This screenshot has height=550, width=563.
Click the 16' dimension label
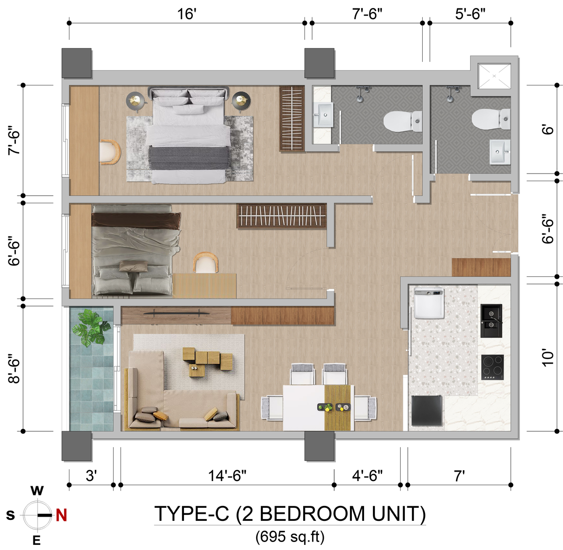[x=186, y=14]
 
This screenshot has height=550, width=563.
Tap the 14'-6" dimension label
[x=227, y=475]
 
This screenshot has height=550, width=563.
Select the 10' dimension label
[x=548, y=359]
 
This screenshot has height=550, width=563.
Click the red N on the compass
[x=61, y=515]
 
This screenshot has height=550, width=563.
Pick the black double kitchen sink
[x=491, y=321]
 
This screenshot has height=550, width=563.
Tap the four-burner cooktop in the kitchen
[x=492, y=367]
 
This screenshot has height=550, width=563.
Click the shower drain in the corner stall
[x=494, y=76]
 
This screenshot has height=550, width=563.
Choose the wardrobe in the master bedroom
[x=292, y=118]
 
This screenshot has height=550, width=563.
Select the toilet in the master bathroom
[x=403, y=121]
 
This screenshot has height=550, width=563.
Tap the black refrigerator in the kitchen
[x=427, y=411]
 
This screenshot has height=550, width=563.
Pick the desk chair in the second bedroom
[x=205, y=262]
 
